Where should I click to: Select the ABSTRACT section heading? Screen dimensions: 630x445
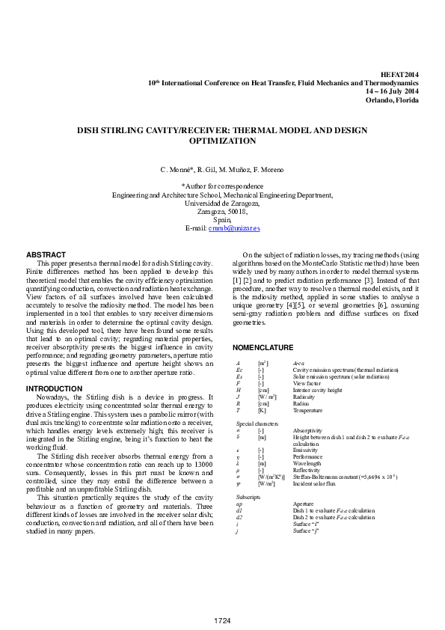coord(46,255)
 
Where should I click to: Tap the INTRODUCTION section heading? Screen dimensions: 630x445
coord(54,389)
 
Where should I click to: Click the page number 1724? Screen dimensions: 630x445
coord(222,620)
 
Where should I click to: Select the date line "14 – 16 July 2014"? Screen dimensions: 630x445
coord(392,91)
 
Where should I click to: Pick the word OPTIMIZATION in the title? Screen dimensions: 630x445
coord(222,141)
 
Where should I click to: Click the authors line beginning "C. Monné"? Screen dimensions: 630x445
coord(222,171)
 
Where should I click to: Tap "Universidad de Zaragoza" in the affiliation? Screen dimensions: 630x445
coord(222,204)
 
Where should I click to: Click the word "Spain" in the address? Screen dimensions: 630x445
coord(222,220)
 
